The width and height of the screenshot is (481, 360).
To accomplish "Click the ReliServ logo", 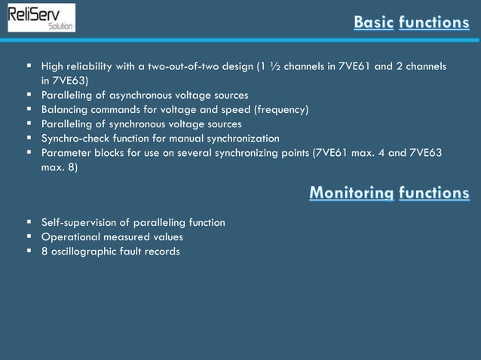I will click(x=41, y=17).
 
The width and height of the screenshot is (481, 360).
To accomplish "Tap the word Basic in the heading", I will click(x=374, y=23).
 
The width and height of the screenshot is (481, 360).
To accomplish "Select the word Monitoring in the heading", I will click(x=351, y=194).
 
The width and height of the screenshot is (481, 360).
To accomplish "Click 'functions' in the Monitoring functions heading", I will click(x=434, y=194).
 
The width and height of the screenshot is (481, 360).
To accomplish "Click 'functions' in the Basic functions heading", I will click(x=434, y=23).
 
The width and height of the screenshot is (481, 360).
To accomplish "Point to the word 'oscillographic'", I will click(x=84, y=251).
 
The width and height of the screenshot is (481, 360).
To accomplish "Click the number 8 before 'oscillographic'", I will click(x=44, y=251).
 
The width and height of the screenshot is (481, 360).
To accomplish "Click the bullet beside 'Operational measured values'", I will click(x=28, y=236).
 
